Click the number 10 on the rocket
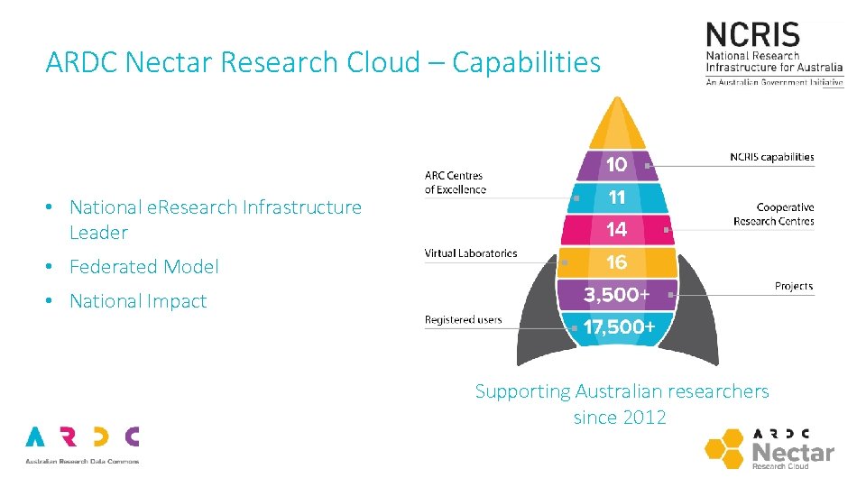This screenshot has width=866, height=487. (617, 164)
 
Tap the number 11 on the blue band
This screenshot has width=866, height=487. (617, 197)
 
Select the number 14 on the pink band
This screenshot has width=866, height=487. (617, 229)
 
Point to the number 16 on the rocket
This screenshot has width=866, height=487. (617, 262)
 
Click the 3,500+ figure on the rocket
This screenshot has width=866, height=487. (617, 295)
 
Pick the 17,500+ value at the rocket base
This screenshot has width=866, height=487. (619, 327)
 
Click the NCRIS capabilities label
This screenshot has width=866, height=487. (771, 157)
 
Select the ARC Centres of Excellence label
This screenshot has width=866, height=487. (455, 182)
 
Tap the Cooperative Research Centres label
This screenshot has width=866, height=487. (773, 214)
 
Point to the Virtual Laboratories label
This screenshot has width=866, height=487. (471, 253)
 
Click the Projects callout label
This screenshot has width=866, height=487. (794, 286)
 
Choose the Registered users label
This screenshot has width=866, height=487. (463, 320)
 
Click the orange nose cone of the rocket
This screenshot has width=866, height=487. (617, 126)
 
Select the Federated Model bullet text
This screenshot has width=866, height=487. (144, 267)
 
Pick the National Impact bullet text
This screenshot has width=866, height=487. (138, 301)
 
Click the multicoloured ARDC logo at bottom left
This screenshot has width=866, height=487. (82, 437)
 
